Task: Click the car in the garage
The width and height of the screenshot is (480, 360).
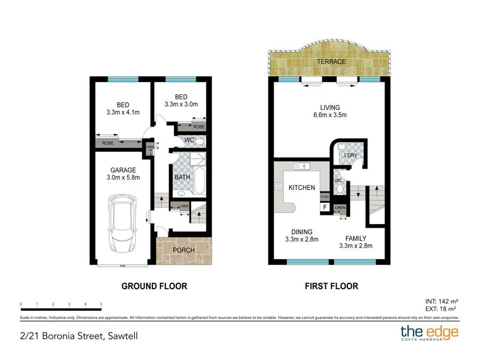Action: pos(123,224)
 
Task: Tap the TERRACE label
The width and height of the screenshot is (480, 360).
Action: pos(331,62)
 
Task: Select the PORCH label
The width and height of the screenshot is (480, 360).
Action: pos(184,250)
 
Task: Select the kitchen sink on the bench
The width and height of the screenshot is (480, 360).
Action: pos(301,166)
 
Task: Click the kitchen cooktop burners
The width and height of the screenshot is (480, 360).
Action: pos(278,186)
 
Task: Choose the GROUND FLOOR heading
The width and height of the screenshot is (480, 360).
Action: pos(154,286)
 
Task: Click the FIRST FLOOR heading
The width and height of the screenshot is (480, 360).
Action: pos(331,286)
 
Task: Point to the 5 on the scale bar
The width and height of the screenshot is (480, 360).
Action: pos(101,304)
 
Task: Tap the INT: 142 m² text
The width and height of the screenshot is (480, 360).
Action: pos(442,301)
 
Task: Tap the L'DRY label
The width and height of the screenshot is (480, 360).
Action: pos(350,155)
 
